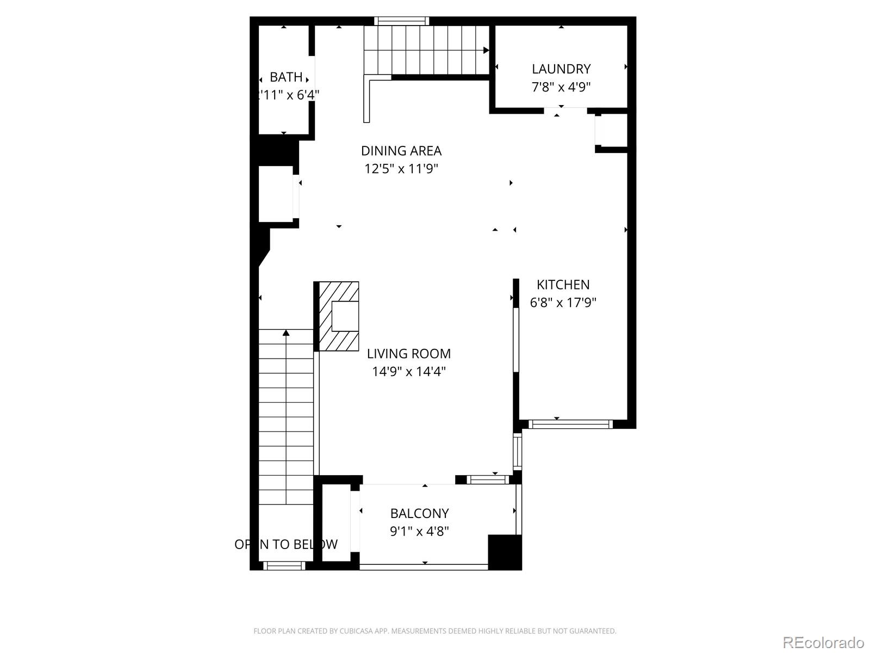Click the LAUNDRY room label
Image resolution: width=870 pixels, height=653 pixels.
click(561, 69)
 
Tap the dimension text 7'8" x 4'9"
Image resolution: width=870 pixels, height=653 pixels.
click(561, 87)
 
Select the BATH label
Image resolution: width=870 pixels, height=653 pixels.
click(286, 77)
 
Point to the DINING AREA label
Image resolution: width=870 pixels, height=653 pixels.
click(401, 151)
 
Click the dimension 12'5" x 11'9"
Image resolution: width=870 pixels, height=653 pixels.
click(401, 169)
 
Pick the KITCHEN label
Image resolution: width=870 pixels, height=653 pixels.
click(563, 285)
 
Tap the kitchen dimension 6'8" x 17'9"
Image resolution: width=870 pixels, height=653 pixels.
click(563, 303)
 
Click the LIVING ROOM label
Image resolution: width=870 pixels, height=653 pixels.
click(408, 354)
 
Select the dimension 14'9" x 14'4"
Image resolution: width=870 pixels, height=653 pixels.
click(408, 372)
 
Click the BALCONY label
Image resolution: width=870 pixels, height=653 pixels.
click(419, 513)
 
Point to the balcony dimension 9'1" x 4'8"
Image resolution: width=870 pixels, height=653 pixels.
click(419, 531)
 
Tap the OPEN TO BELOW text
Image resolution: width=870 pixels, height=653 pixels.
click(286, 544)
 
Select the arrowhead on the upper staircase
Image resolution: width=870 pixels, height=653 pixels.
click(486, 51)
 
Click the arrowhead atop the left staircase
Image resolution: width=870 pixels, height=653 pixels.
click(286, 332)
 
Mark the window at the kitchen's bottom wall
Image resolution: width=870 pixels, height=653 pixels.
click(570, 424)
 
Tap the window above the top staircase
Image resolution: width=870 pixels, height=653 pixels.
click(402, 21)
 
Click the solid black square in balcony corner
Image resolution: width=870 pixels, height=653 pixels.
click(505, 552)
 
